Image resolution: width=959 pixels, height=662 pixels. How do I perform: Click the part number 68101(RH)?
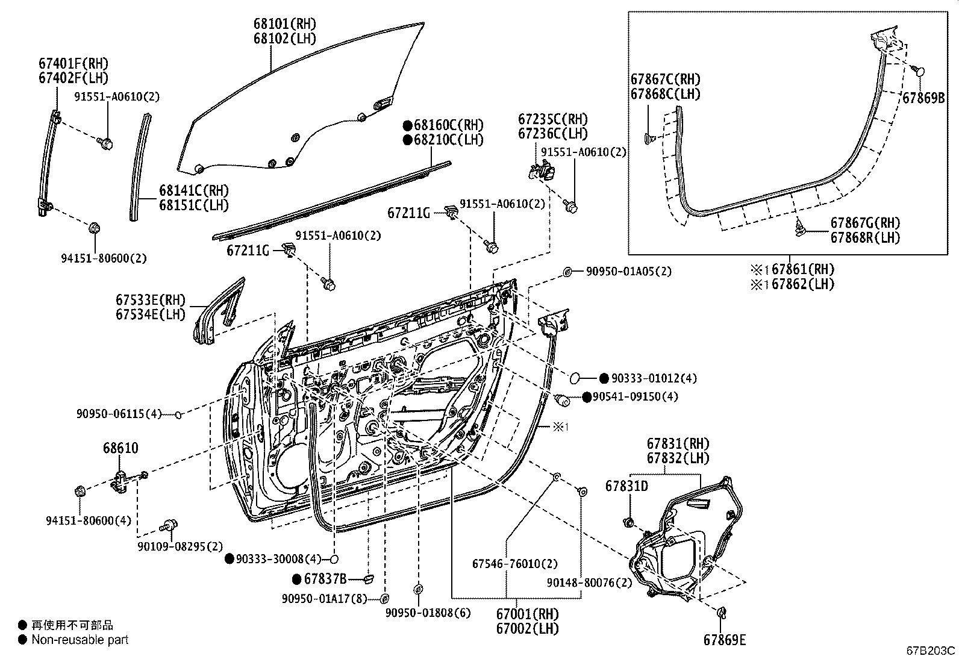(x=284, y=24)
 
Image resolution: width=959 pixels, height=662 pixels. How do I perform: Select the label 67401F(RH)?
(x=73, y=63)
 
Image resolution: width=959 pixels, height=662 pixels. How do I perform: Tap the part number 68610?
(x=120, y=448)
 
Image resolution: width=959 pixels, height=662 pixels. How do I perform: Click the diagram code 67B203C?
(x=931, y=651)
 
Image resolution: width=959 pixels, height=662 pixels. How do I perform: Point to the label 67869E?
(x=725, y=640)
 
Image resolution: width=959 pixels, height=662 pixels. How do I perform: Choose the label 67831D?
(x=627, y=486)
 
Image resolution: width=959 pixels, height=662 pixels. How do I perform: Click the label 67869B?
(x=923, y=98)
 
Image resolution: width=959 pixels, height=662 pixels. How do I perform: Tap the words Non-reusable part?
(x=80, y=640)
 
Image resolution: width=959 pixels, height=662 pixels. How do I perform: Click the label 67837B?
(x=325, y=579)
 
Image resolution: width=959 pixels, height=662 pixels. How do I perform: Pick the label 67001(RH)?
(x=528, y=614)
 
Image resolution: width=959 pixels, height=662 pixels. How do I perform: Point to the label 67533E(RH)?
(x=151, y=300)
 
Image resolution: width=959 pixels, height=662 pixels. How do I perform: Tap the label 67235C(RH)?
(x=553, y=119)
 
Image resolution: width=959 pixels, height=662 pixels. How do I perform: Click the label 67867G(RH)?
(x=865, y=223)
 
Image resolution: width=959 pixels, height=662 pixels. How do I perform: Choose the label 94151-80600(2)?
(x=104, y=258)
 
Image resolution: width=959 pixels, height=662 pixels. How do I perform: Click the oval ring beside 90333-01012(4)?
(x=575, y=378)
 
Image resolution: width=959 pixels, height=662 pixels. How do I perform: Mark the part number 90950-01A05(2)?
(x=628, y=272)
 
